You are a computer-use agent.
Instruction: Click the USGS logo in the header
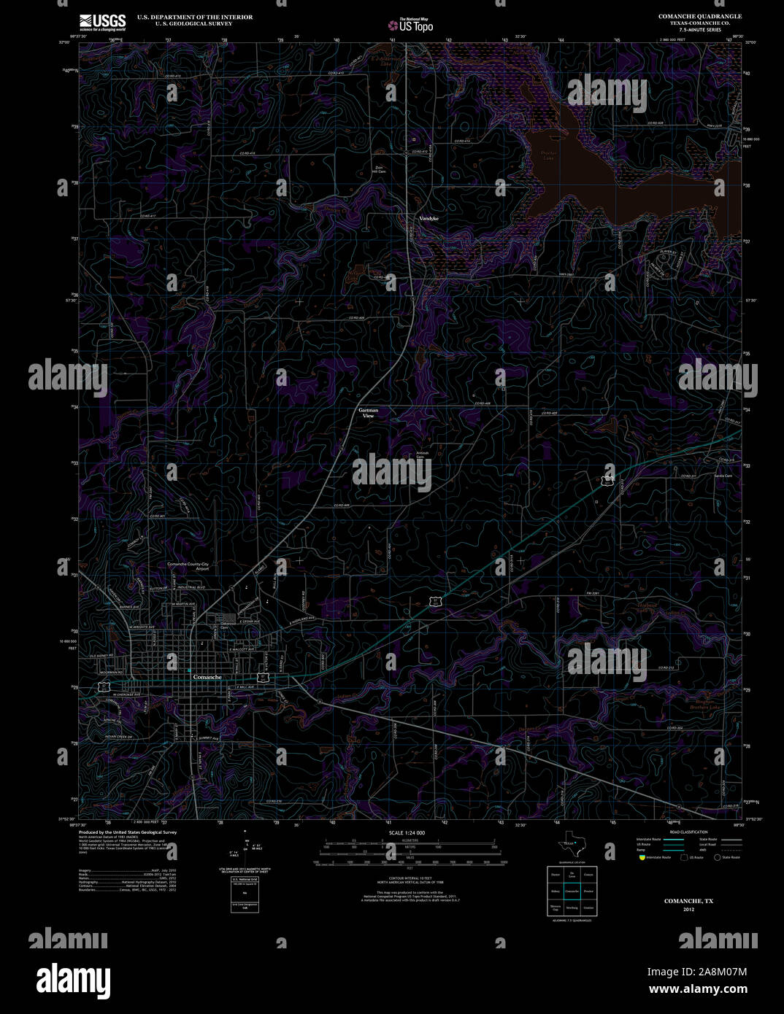click(x=102, y=21)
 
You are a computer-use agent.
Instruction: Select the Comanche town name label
click(x=207, y=678)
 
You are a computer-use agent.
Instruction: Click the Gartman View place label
click(x=369, y=413)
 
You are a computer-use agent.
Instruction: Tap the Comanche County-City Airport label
click(x=188, y=567)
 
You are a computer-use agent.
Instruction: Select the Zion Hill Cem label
click(x=380, y=169)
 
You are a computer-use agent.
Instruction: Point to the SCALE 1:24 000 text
click(x=407, y=832)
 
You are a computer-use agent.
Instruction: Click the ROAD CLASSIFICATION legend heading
click(x=689, y=832)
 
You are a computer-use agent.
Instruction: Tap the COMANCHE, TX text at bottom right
click(x=688, y=901)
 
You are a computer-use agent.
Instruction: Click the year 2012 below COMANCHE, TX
click(x=688, y=910)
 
